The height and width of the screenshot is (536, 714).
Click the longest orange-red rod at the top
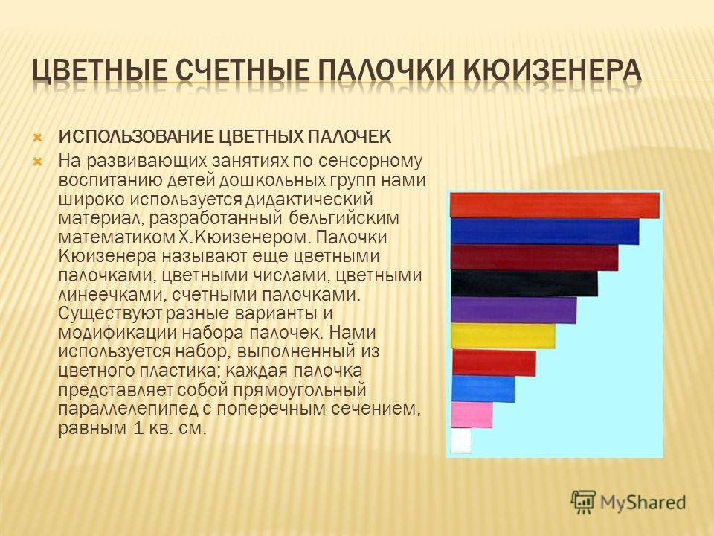tap(555, 205)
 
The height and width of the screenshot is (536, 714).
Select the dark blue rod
tap(544, 232)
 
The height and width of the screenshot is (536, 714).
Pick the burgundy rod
tap(535, 258)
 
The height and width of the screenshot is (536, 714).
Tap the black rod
tap(524, 284)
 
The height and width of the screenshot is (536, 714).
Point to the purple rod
tap(514, 310)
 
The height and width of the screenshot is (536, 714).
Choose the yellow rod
tap(504, 336)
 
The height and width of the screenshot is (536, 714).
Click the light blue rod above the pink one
tap(483, 389)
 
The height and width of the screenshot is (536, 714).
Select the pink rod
tap(472, 415)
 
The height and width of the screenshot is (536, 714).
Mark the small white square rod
tap(461, 441)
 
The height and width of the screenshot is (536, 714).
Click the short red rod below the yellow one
tap(494, 363)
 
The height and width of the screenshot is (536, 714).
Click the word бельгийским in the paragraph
tap(344, 218)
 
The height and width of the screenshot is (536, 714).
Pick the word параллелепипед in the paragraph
tap(128, 409)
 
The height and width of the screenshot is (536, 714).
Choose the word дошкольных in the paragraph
tap(271, 181)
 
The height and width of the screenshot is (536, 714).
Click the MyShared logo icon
tap(583, 502)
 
